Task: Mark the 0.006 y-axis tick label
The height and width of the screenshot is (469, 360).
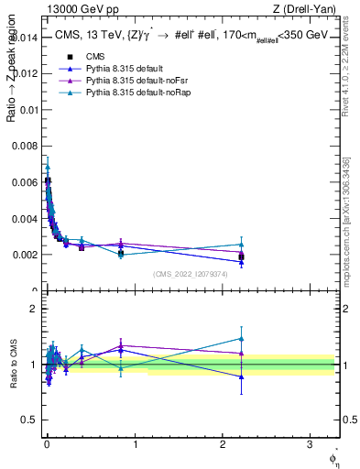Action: pyautogui.click(x=26, y=182)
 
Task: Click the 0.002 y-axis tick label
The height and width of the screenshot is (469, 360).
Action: pyautogui.click(x=26, y=255)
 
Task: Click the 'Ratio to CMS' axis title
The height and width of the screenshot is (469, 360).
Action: pyautogui.click(x=12, y=365)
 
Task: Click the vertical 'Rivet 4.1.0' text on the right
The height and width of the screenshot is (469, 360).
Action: pyautogui.click(x=346, y=82)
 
